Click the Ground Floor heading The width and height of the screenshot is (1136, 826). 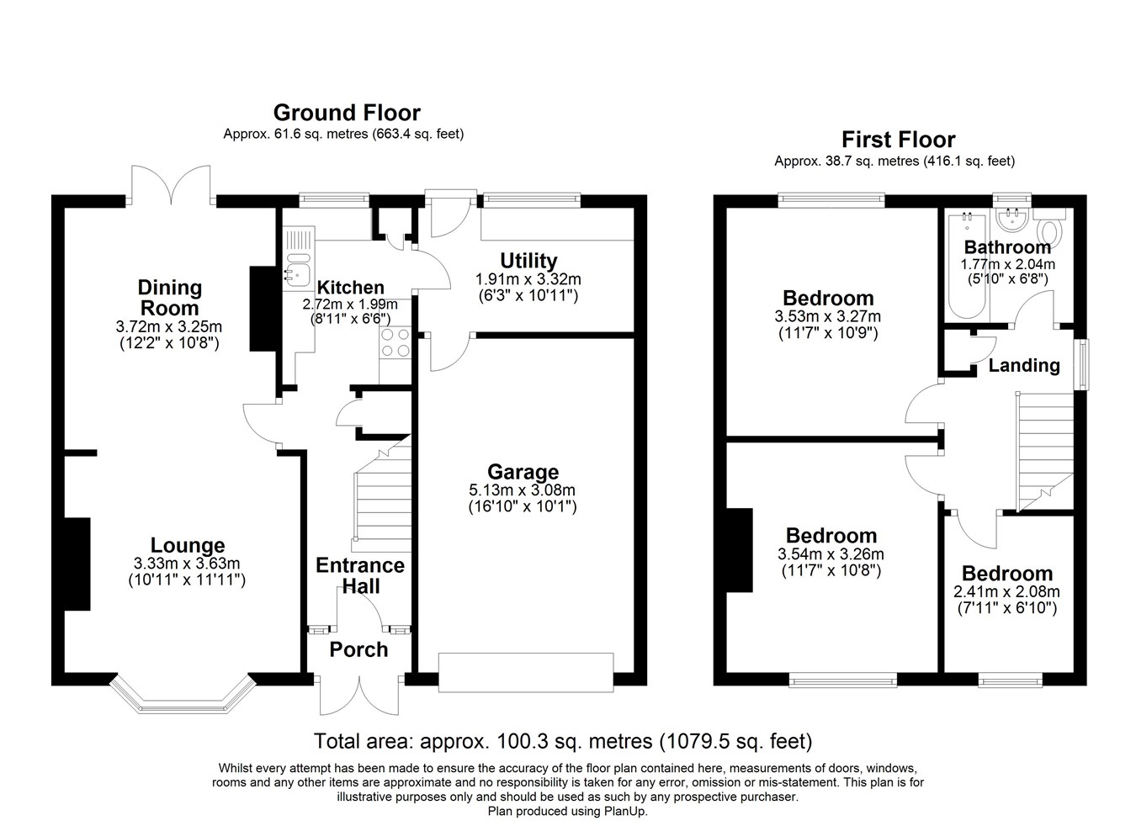pyautogui.click(x=347, y=113)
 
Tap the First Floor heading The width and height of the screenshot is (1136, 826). pyautogui.click(x=898, y=140)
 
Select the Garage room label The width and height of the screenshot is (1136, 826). pyautogui.click(x=523, y=472)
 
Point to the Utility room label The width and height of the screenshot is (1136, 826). pyautogui.click(x=528, y=261)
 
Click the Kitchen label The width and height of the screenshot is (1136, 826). pyautogui.click(x=350, y=288)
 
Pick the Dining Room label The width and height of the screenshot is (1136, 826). pyautogui.click(x=169, y=298)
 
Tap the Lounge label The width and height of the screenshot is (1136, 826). pyautogui.click(x=188, y=545)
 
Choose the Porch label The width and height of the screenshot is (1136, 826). pyautogui.click(x=358, y=649)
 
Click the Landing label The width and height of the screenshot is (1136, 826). pyautogui.click(x=1024, y=365)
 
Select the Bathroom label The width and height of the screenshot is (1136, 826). pyautogui.click(x=1007, y=247)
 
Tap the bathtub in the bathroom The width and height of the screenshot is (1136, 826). pyautogui.click(x=967, y=265)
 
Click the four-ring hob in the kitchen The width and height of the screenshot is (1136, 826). pyautogui.click(x=395, y=342)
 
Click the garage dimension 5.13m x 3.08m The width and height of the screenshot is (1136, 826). pyautogui.click(x=523, y=490)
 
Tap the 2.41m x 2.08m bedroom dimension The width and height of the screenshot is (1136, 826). pyautogui.click(x=1006, y=591)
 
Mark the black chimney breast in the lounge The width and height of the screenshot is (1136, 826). pyautogui.click(x=77, y=564)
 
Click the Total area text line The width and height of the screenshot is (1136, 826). pyautogui.click(x=563, y=741)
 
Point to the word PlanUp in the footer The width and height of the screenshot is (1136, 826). pyautogui.click(x=625, y=812)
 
